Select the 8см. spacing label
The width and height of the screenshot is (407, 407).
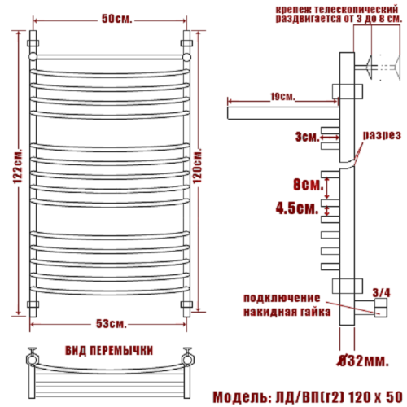coord(307,183)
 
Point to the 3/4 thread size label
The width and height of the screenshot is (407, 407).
coord(379,291)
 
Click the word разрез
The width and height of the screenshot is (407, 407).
coord(380,134)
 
